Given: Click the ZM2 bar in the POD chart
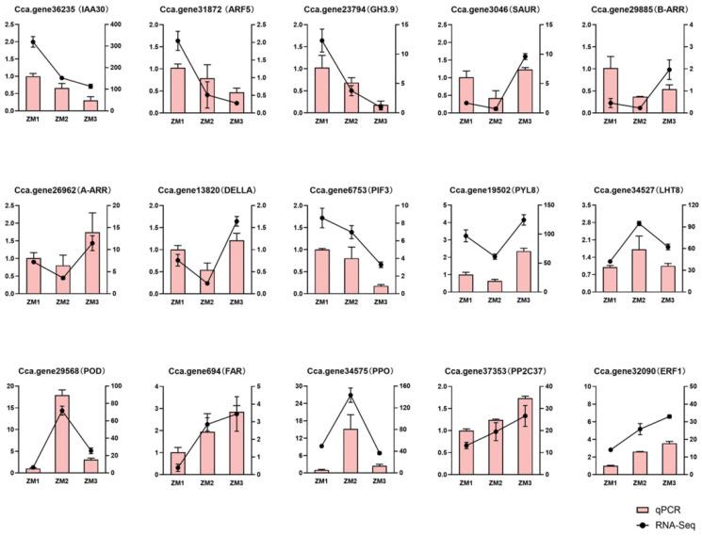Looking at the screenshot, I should click(x=61, y=433).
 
